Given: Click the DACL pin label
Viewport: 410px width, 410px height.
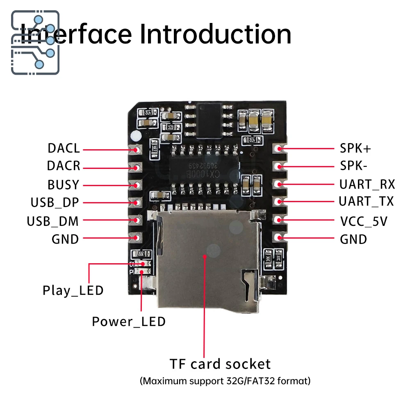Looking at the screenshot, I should (x=64, y=148).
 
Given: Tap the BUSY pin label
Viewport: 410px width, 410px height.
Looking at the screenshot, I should (x=63, y=185).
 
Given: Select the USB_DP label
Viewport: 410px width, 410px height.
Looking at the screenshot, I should (x=55, y=203).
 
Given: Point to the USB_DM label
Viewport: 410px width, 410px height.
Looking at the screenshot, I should (x=52, y=221).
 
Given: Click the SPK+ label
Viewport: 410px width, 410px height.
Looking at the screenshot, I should (x=355, y=148).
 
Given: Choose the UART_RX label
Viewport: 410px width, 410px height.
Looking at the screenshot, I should (x=367, y=184).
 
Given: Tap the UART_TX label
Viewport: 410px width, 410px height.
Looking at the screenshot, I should (x=366, y=201).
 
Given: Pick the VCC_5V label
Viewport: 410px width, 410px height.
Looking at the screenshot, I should (x=364, y=221).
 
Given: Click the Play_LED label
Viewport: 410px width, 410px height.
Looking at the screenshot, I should (x=73, y=291).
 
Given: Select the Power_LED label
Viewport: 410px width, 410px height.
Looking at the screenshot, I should (x=129, y=321).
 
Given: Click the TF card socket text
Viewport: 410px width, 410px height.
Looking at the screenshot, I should (x=220, y=364).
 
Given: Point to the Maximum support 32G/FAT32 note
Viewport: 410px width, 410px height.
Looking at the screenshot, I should (x=225, y=381).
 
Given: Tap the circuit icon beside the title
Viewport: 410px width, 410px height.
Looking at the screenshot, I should (x=35, y=42).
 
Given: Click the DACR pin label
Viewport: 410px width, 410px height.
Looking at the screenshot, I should (x=64, y=166).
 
